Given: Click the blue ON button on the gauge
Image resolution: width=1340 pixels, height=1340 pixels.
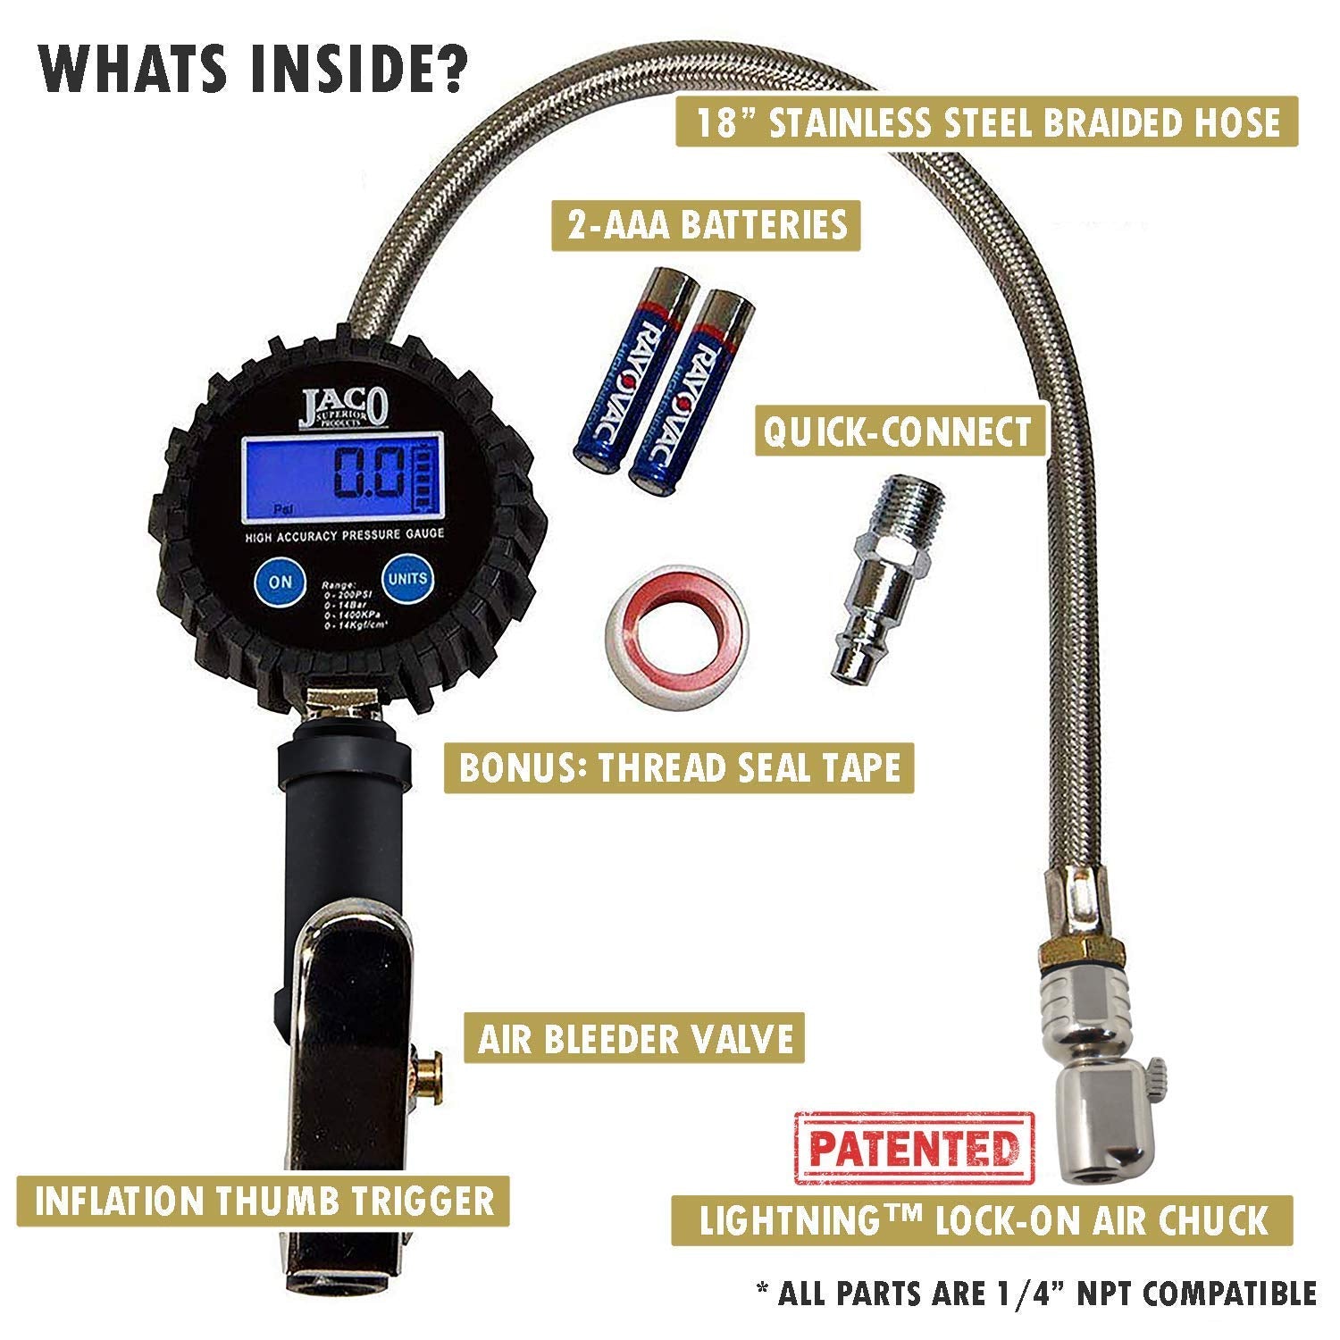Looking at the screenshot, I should tap(280, 581).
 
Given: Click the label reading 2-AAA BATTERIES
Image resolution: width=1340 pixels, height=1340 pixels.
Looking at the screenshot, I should tap(707, 224).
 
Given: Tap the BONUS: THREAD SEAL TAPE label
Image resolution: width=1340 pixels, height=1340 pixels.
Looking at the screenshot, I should tap(679, 767).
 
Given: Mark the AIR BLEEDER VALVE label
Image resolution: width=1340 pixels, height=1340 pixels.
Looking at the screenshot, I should tap(635, 1039).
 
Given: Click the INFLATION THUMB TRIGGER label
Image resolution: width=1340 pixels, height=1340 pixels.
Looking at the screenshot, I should tap(264, 1200).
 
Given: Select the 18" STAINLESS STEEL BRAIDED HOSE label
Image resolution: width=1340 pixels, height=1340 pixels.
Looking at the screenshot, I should tap(987, 121).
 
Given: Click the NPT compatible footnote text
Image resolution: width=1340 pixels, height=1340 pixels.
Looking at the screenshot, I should tap(1036, 1293).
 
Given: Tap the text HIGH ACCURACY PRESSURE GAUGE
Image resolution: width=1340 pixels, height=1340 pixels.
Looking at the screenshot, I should tap(345, 535).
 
